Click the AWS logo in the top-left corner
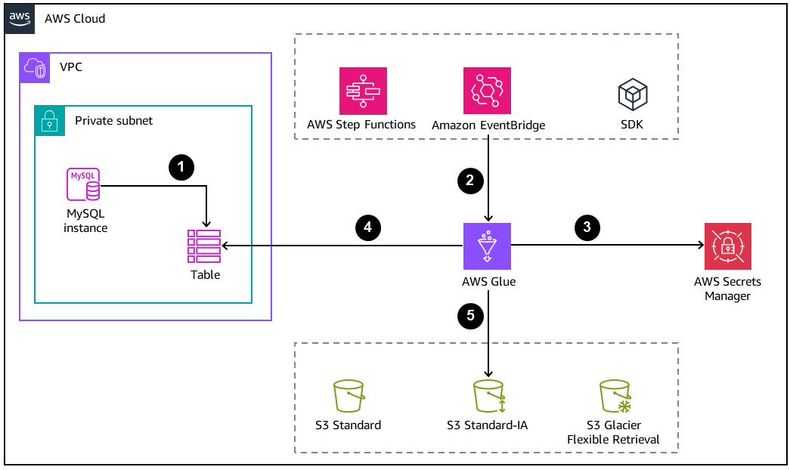[20, 18]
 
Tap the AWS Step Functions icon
[363, 91]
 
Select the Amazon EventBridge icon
[487, 91]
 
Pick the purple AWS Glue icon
[487, 246]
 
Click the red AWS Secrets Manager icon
[727, 246]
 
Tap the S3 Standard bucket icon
[348, 396]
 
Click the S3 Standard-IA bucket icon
[488, 396]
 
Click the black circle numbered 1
[181, 167]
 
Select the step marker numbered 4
[367, 226]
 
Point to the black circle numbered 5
[470, 316]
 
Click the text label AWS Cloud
[75, 18]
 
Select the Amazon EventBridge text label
[488, 125]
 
